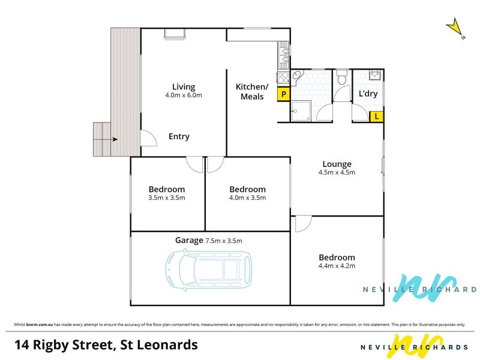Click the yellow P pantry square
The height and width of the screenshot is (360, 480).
(x=284, y=95)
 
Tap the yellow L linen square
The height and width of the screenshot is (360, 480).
(x=377, y=116)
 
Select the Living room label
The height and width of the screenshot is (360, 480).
(x=184, y=87)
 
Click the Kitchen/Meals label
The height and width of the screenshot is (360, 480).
(x=252, y=92)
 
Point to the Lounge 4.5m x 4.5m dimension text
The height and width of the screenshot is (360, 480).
(x=337, y=172)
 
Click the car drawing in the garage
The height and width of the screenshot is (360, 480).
(x=209, y=269)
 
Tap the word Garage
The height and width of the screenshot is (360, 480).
(x=189, y=241)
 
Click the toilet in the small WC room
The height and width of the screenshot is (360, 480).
(x=341, y=77)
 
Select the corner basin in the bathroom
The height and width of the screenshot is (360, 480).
(x=296, y=76)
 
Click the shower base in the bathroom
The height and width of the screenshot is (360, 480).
(x=301, y=111)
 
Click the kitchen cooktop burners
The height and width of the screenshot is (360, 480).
(x=283, y=77)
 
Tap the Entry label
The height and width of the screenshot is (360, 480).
(x=179, y=136)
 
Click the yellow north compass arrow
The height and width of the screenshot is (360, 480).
(x=455, y=28)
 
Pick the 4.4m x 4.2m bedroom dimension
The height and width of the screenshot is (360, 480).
(x=337, y=266)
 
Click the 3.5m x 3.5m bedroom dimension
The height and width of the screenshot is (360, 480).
(x=167, y=198)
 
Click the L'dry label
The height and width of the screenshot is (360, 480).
(x=368, y=94)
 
